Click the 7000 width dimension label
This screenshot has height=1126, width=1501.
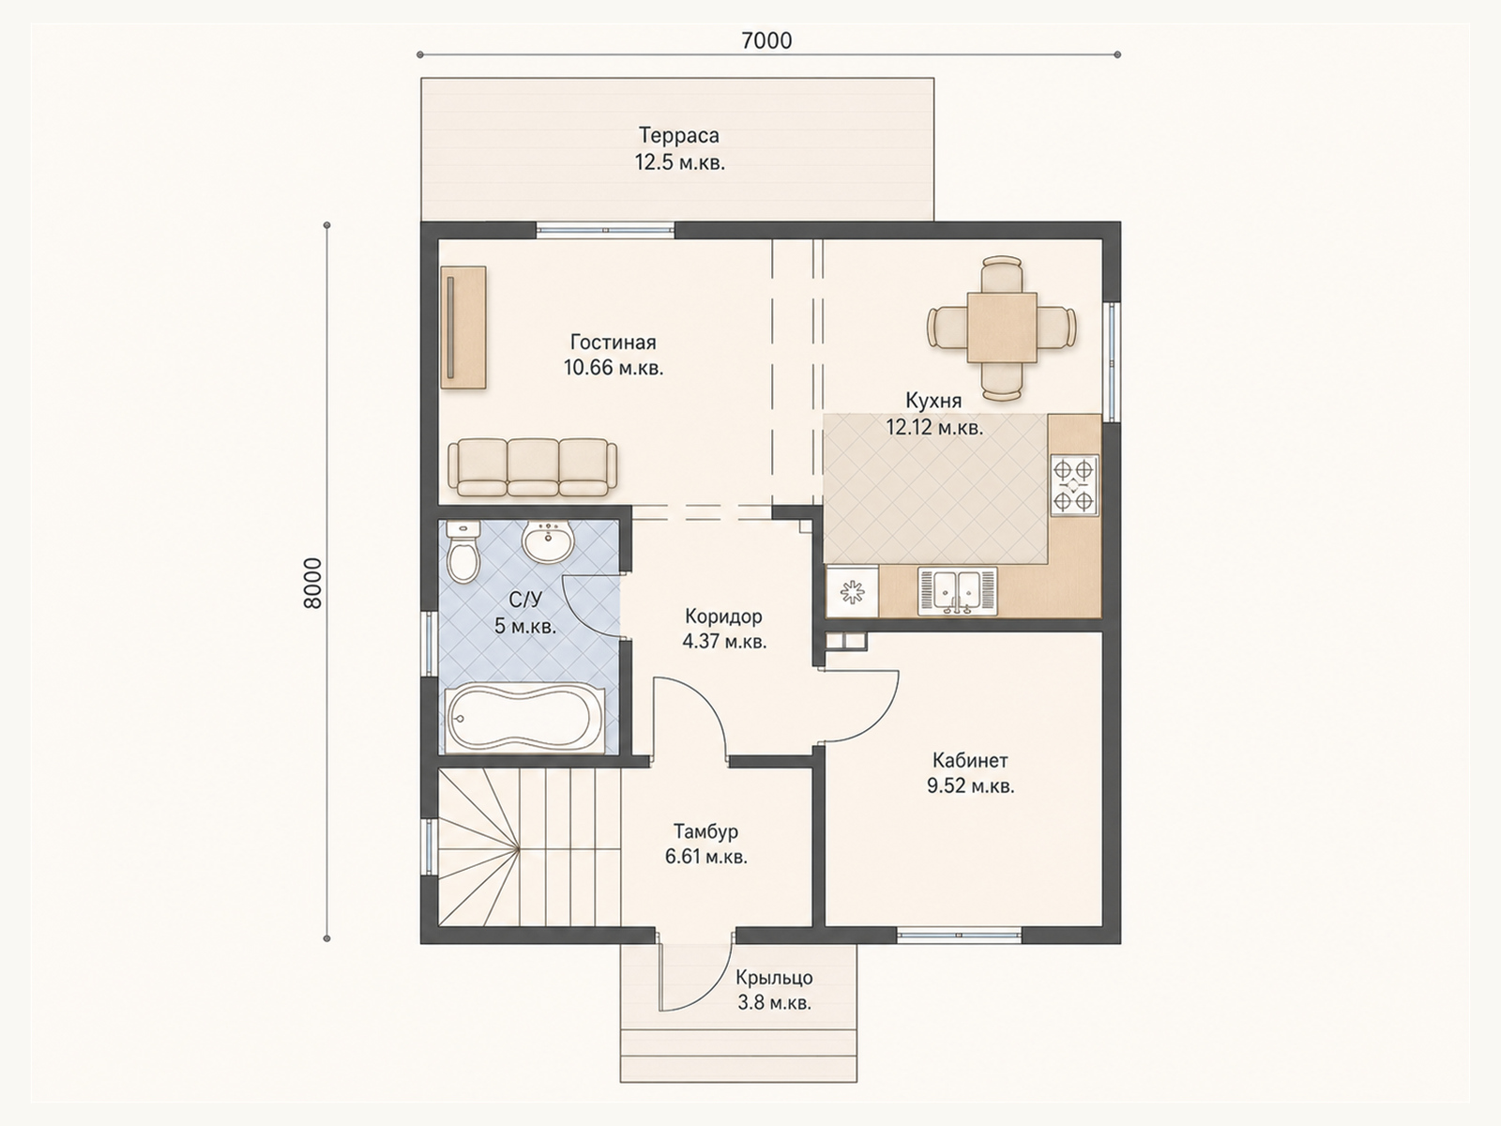point(766,41)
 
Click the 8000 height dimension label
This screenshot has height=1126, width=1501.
point(312,583)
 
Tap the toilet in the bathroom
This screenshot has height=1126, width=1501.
point(463,552)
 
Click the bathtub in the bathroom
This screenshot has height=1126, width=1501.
point(525,720)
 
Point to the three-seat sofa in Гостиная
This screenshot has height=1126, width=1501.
point(533,467)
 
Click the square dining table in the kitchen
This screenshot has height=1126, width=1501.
point(1002,327)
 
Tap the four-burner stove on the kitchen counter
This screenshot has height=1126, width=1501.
point(1073,485)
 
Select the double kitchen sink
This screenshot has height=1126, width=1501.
point(958,591)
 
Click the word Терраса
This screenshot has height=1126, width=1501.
point(679,135)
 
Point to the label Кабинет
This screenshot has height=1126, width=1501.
point(970,760)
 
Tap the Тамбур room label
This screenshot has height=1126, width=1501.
point(705,831)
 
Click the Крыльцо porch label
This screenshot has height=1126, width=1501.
point(774,979)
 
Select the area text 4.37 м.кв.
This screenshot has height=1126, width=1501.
point(724,642)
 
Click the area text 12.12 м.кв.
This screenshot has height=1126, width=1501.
point(934,428)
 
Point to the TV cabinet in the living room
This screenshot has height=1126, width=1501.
point(463,327)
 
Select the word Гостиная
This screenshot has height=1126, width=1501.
point(614,342)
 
